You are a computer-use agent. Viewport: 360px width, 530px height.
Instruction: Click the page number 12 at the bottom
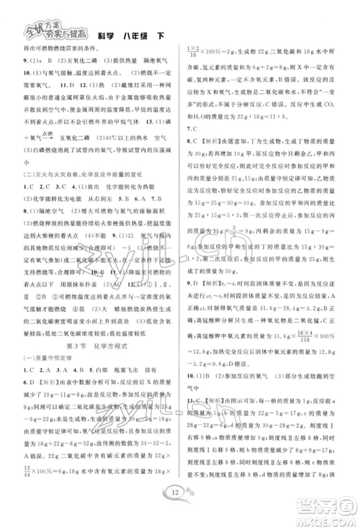click(181, 492)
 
